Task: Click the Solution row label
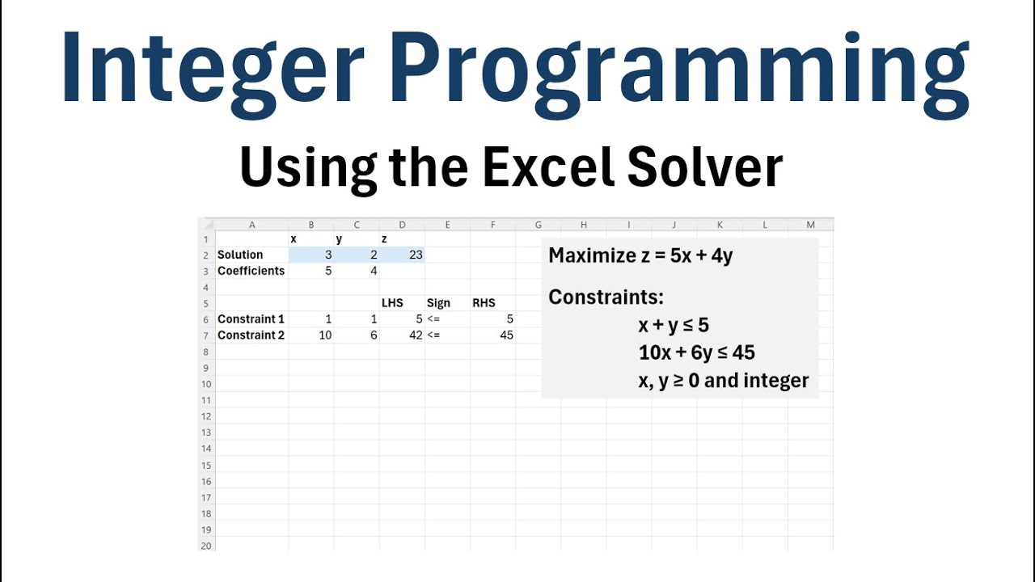(240, 255)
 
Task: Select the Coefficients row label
(251, 271)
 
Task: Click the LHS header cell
(392, 303)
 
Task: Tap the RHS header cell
(484, 303)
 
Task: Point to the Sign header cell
(438, 303)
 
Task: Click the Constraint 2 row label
(251, 335)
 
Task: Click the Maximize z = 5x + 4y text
(640, 256)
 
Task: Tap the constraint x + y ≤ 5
(674, 325)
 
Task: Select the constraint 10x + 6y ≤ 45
(696, 352)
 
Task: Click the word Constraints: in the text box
(606, 297)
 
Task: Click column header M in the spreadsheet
(810, 225)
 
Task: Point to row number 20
(206, 546)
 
